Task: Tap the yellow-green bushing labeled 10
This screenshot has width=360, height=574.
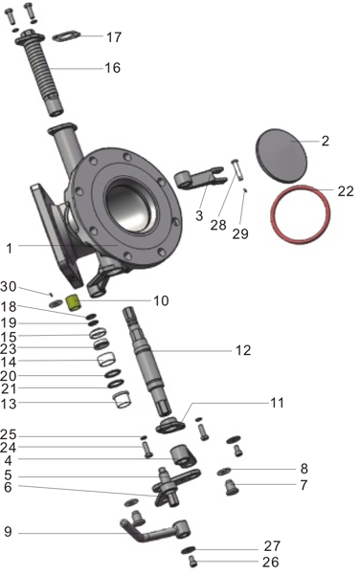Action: point(71,304)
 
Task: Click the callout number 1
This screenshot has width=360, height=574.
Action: point(8,248)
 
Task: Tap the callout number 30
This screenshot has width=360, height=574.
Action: point(8,287)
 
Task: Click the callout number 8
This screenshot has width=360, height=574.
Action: point(304,469)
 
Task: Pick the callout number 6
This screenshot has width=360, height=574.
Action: point(8,487)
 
